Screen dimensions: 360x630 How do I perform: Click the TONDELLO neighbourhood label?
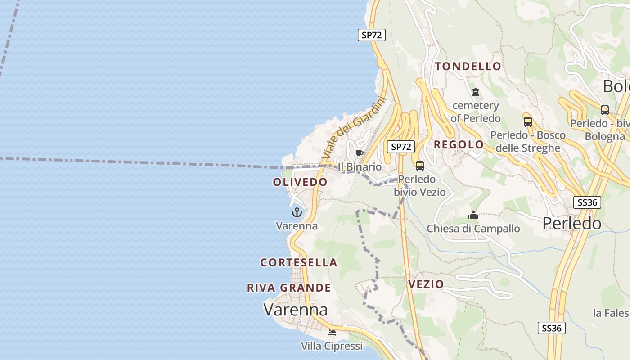click(468, 67)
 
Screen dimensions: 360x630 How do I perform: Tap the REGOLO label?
click(459, 145)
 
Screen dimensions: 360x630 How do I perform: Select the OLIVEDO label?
click(300, 182)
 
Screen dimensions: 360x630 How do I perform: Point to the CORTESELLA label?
click(299, 262)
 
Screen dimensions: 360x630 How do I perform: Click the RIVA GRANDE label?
click(289, 288)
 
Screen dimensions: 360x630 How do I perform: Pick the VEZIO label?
click(426, 284)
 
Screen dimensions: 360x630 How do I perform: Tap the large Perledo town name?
click(571, 224)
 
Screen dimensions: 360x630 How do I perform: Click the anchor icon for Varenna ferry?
click(297, 212)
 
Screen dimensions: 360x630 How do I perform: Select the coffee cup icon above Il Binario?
click(359, 154)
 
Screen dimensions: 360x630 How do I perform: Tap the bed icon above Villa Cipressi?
click(332, 333)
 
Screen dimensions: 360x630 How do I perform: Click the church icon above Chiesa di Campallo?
click(473, 215)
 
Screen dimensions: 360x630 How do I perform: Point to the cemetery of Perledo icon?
click(476, 92)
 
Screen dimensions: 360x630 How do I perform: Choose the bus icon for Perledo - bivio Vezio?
click(420, 166)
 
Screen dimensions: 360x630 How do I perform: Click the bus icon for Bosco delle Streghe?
click(527, 121)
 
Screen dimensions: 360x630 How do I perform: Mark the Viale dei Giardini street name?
click(354, 128)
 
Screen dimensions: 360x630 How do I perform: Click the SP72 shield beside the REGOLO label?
click(400, 147)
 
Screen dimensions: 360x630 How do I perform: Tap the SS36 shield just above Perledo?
click(587, 202)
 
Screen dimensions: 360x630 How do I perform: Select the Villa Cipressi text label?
click(332, 346)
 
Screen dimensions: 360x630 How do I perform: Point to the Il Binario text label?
click(360, 167)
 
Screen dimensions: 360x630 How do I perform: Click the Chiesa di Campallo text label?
click(473, 229)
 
